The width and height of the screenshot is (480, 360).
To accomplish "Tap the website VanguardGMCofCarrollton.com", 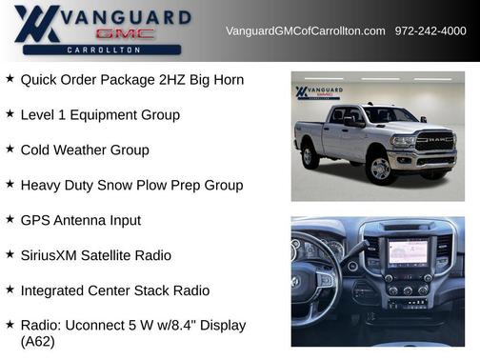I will [305, 31].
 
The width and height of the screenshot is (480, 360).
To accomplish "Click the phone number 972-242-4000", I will [430, 31].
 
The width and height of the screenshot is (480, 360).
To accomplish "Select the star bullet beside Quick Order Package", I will [10, 79].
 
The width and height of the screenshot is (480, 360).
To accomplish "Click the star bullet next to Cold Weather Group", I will [10, 150].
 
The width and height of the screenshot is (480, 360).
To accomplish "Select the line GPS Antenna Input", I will [81, 221].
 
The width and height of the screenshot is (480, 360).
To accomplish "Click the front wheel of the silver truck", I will [380, 169].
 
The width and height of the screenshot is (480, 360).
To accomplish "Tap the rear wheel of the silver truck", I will [310, 155].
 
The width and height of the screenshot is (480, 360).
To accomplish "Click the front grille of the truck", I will [434, 145].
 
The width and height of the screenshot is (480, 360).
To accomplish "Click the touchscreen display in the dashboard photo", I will [408, 252].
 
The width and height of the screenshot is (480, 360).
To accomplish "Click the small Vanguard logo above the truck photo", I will [318, 92].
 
